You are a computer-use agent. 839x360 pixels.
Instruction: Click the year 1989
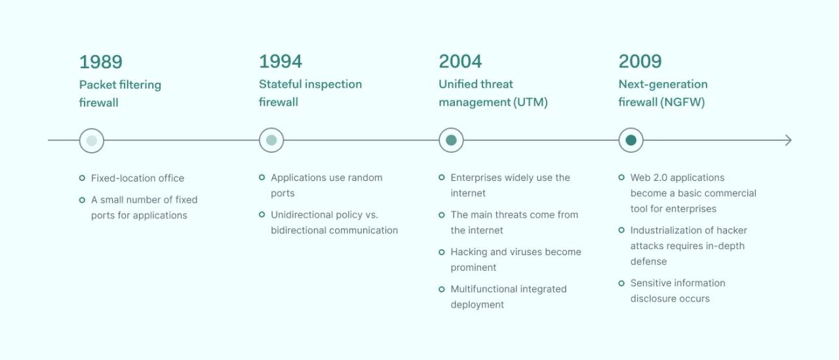point(101,62)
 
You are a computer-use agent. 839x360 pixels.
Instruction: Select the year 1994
point(281,62)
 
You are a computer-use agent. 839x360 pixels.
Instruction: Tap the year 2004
point(460,62)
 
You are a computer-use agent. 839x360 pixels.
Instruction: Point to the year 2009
point(640,62)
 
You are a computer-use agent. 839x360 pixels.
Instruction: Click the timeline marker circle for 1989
point(92,140)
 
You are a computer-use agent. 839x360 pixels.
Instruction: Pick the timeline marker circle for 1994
point(271,140)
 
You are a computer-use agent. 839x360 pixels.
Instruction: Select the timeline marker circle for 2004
point(451,140)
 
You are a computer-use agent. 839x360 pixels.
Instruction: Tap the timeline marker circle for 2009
point(631,140)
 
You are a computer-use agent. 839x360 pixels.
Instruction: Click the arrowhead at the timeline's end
point(789,140)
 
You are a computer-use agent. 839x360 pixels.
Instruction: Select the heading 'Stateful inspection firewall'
point(310,93)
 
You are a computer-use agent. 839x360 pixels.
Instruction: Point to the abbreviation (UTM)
point(531,102)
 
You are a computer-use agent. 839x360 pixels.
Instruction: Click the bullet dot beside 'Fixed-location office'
point(82,178)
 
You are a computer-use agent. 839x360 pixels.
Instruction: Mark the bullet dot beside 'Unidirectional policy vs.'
point(262,214)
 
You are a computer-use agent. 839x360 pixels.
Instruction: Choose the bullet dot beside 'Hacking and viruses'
point(442,252)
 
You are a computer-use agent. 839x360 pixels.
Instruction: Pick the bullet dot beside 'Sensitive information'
point(621,283)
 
